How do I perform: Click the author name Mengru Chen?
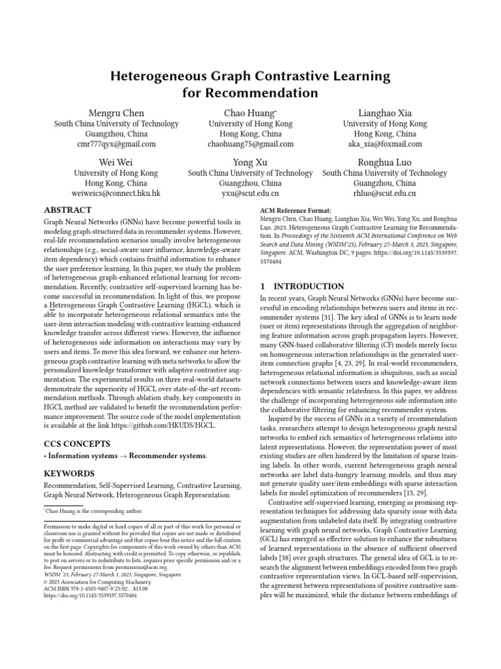click(x=116, y=113)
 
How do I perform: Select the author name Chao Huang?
click(x=250, y=113)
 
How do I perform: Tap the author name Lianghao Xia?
click(x=385, y=113)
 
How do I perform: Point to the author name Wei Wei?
click(x=116, y=162)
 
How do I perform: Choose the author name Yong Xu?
click(x=250, y=162)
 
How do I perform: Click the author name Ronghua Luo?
click(x=385, y=162)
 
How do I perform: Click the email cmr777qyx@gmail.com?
click(x=116, y=144)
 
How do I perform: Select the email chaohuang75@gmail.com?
click(x=250, y=144)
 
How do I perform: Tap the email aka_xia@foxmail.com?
click(x=385, y=144)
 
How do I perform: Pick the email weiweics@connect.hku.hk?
click(x=116, y=193)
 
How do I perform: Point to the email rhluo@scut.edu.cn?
click(x=385, y=193)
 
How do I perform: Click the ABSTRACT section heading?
click(x=67, y=210)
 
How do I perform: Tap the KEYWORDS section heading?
click(x=69, y=473)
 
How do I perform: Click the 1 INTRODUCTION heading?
click(x=302, y=286)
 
